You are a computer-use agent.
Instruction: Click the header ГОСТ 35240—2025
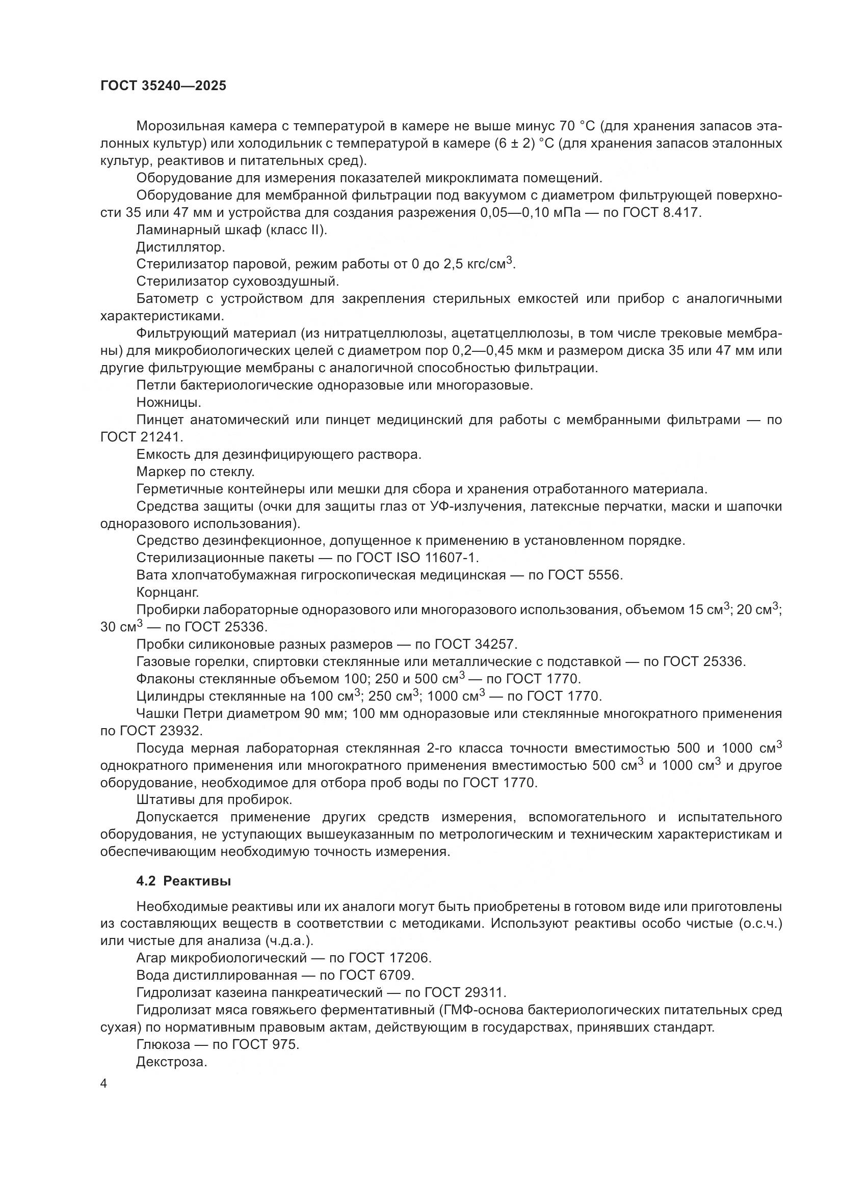pos(163,86)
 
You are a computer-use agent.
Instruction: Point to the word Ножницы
pos(169,403)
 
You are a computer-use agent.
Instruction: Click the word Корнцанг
pos(168,592)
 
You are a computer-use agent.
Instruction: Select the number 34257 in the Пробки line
pos(496,644)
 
